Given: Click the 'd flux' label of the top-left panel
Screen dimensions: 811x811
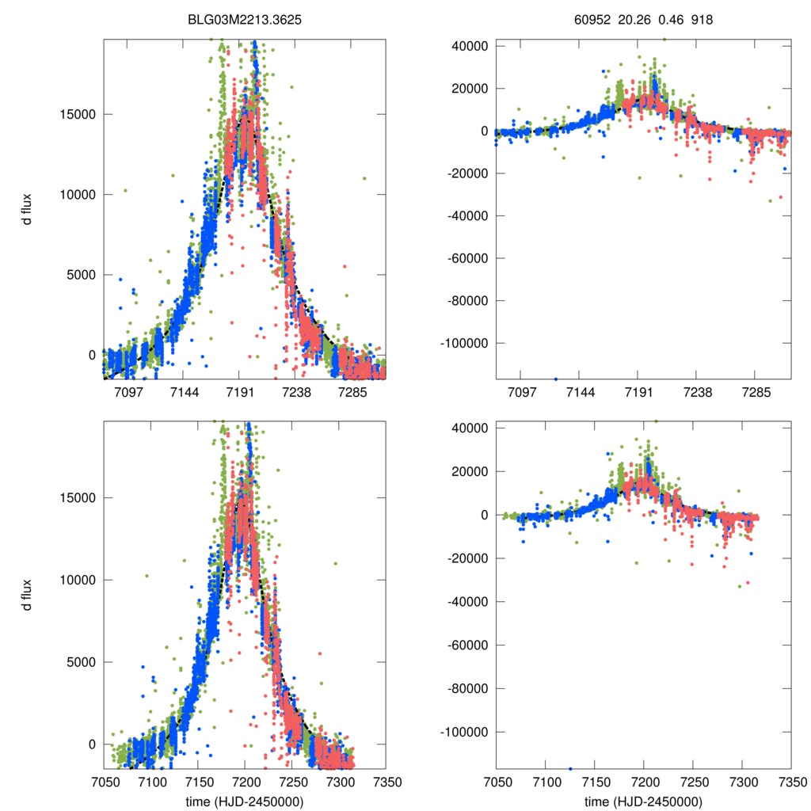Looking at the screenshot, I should click(27, 208).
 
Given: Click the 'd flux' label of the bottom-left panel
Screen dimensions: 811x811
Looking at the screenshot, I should click(27, 593).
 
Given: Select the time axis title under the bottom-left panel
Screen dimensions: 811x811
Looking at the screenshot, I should click(245, 801).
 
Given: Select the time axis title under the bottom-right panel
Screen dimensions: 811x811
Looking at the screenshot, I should click(643, 801).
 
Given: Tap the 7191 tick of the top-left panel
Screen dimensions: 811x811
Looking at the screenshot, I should click(240, 392).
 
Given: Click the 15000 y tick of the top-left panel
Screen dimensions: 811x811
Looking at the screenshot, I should click(78, 114).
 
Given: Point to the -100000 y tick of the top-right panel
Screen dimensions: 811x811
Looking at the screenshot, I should click(466, 343).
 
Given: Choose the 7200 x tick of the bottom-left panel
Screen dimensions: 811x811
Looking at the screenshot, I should click(245, 781).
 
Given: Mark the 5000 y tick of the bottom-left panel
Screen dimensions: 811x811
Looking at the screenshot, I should click(81, 662).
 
